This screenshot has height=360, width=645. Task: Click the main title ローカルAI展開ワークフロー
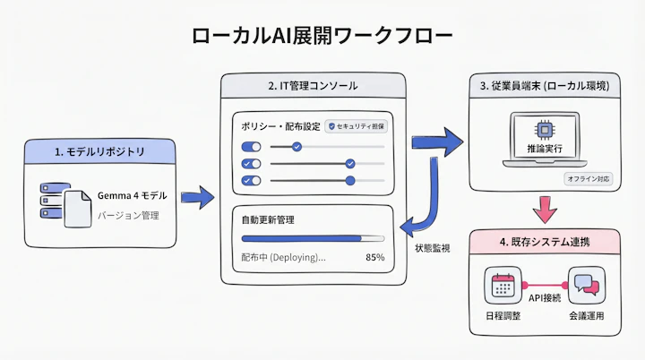(x=322, y=36)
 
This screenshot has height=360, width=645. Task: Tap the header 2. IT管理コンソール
(x=313, y=86)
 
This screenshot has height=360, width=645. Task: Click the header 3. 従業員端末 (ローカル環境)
(x=544, y=86)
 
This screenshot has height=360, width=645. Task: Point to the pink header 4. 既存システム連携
(x=544, y=242)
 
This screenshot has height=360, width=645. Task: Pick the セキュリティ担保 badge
(x=355, y=127)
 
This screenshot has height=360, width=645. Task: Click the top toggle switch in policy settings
(x=251, y=147)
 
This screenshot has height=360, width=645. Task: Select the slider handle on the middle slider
(x=350, y=164)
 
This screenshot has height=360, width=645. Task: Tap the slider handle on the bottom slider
(x=350, y=180)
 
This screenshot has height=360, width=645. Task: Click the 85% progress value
(x=374, y=257)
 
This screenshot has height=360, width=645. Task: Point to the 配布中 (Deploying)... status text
(x=283, y=257)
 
